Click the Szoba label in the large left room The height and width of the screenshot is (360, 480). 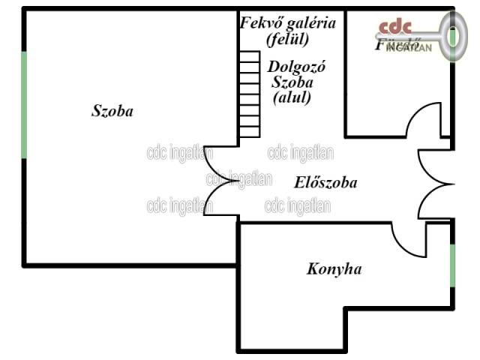coord(112,112)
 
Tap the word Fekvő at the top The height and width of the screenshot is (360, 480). coord(259,22)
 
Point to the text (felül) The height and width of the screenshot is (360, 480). coord(287,37)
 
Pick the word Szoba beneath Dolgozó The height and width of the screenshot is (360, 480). coord(292,82)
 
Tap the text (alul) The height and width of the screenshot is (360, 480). coord(292,97)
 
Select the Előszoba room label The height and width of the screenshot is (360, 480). coord(325,182)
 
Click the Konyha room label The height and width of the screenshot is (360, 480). coord(334,268)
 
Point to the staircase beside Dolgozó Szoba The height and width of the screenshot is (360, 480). coord(248,94)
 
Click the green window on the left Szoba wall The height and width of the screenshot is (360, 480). coord(25,105)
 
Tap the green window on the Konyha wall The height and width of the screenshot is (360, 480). coord(452,266)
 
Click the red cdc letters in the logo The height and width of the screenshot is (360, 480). coord(394,28)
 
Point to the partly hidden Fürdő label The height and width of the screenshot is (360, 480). coord(391,44)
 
